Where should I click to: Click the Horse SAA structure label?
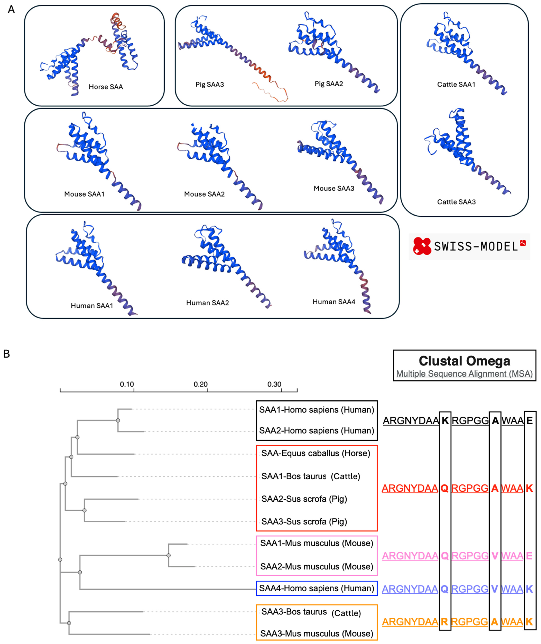(x=106, y=87)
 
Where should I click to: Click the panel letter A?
(x=11, y=10)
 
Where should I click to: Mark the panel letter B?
(x=7, y=354)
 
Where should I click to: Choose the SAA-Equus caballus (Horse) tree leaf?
(x=316, y=453)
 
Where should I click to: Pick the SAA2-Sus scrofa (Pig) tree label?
(x=304, y=499)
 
